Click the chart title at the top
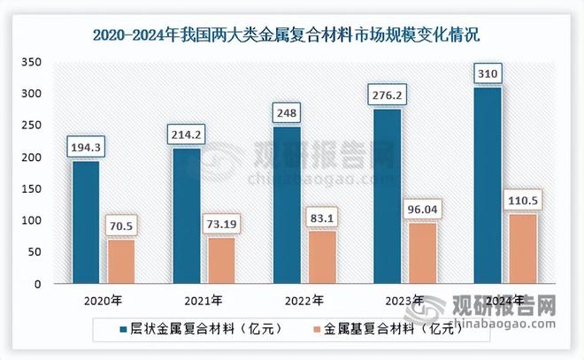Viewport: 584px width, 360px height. (x=291, y=36)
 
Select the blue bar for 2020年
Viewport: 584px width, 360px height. (x=85, y=222)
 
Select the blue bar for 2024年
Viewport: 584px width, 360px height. (x=488, y=186)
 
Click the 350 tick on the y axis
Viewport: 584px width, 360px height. (x=33, y=62)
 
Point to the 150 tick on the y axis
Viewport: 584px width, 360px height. (x=33, y=189)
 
